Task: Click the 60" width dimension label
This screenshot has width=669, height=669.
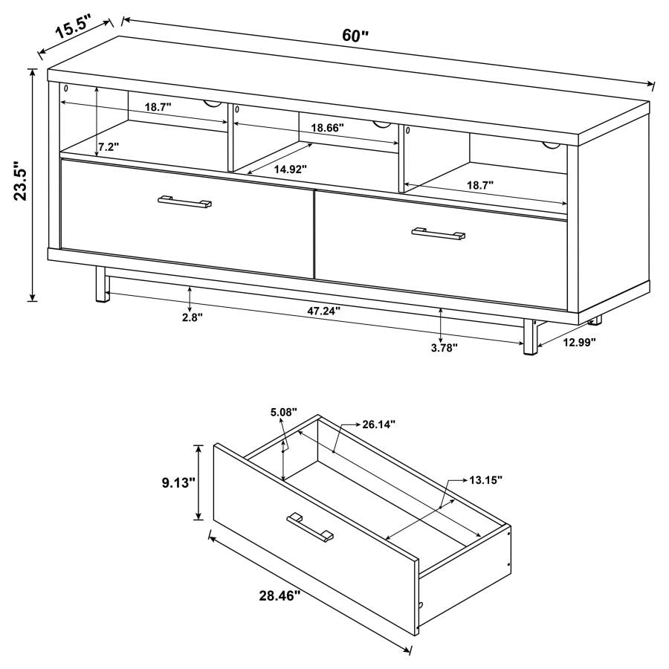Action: pyautogui.click(x=355, y=36)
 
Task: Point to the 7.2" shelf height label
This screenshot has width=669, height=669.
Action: pyautogui.click(x=109, y=146)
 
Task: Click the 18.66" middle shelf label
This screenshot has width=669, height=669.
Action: pyautogui.click(x=327, y=128)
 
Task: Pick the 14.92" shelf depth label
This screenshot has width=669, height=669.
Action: pyautogui.click(x=290, y=169)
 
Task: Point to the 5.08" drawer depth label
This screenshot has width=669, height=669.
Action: pyautogui.click(x=283, y=411)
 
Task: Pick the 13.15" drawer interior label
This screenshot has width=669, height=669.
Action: pyautogui.click(x=485, y=480)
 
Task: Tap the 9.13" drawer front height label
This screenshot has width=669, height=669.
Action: pyautogui.click(x=178, y=483)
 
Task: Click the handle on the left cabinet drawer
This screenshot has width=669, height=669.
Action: pyautogui.click(x=185, y=201)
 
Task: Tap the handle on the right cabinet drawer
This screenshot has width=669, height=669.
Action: pyautogui.click(x=439, y=234)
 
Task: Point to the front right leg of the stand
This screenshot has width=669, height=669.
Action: pyautogui.click(x=530, y=338)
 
